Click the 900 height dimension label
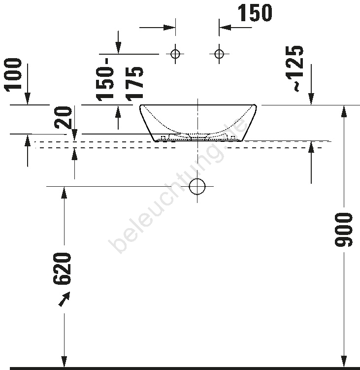coord(343,230)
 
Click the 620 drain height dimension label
coord(62,269)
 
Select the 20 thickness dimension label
coord(63,117)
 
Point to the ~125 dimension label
coord(294,68)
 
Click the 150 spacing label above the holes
coord(255,13)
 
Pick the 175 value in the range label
coord(134,84)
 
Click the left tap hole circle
coord(175,54)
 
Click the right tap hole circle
coord(219,54)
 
